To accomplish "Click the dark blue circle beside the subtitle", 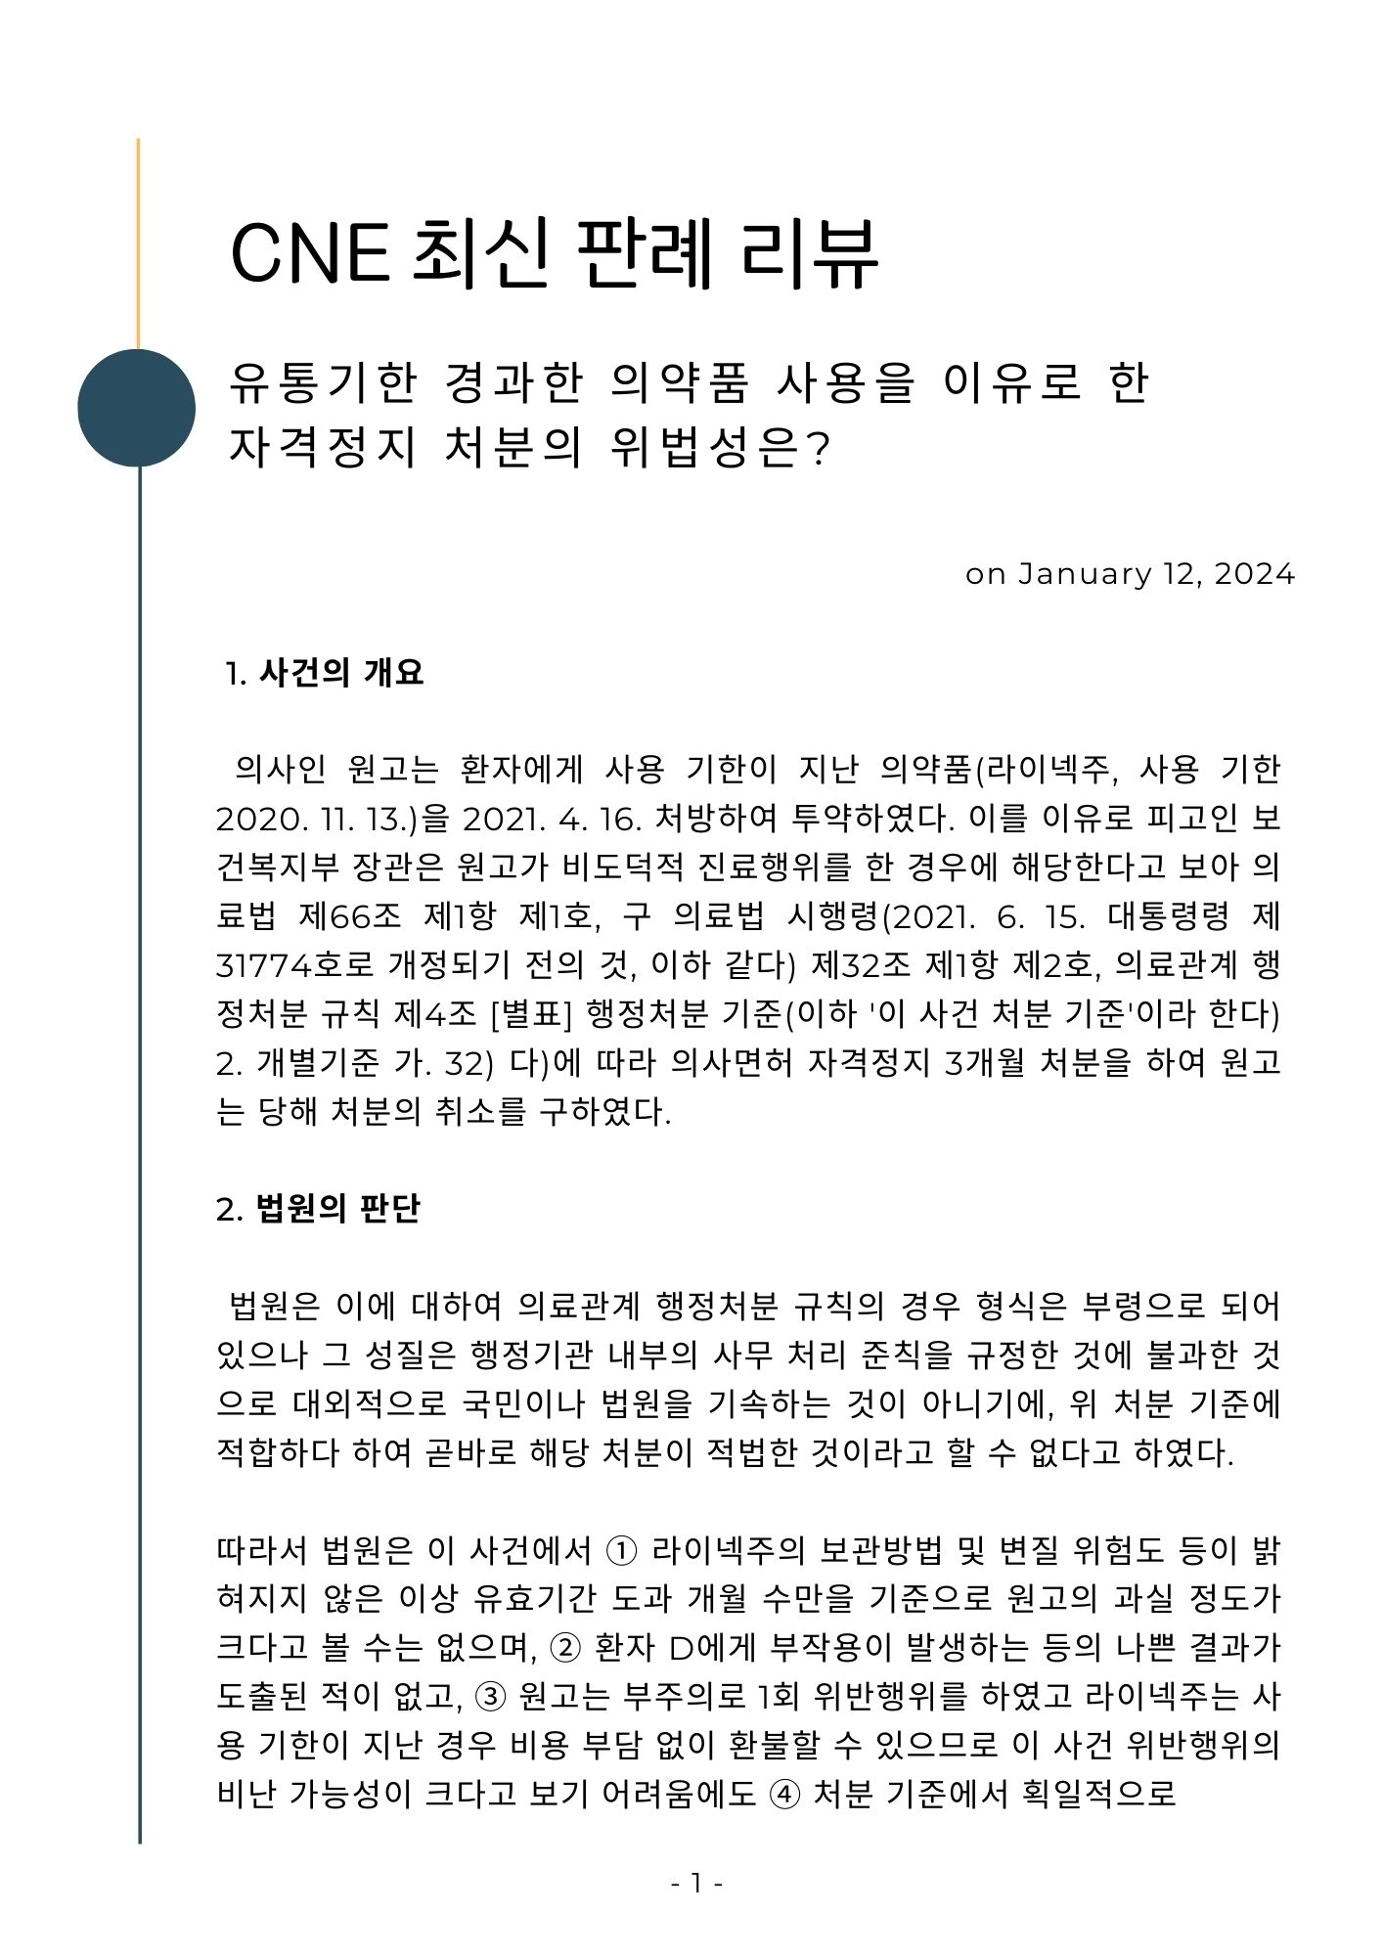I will [137, 407].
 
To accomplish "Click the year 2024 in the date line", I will [1255, 574].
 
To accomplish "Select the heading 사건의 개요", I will [341, 673].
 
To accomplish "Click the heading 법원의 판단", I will [337, 1209].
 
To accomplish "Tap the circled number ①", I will [623, 1551].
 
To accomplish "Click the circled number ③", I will [490, 1697].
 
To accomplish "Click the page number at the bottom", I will [696, 1883].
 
